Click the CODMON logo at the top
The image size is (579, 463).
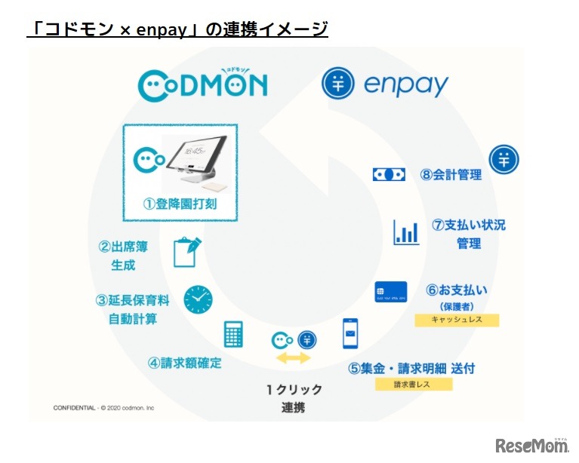(202, 84)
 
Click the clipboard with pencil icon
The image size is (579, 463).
(186, 252)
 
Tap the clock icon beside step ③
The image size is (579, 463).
(198, 299)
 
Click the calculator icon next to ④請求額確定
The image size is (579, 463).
(233, 334)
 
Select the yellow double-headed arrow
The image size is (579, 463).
(293, 358)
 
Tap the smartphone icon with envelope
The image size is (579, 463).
(350, 333)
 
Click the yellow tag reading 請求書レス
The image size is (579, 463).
(414, 384)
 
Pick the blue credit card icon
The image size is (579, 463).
(390, 292)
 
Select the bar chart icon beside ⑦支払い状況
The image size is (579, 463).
(405, 232)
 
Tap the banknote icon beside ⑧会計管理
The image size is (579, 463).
(389, 174)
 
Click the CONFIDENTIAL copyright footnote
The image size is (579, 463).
(103, 408)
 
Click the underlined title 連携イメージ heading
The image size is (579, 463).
(177, 29)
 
